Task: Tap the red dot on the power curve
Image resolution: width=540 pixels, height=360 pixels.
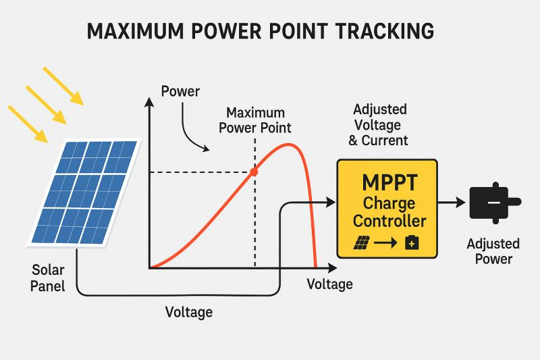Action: pyautogui.click(x=254, y=172)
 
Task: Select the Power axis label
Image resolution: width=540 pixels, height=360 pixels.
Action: pyautogui.click(x=181, y=91)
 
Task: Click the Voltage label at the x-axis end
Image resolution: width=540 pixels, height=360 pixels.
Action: pyautogui.click(x=329, y=284)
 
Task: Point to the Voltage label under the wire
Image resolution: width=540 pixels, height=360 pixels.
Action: pyautogui.click(x=189, y=312)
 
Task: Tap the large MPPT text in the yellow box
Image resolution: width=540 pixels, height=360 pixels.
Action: pyautogui.click(x=387, y=184)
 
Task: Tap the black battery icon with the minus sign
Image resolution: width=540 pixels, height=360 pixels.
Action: pyautogui.click(x=495, y=203)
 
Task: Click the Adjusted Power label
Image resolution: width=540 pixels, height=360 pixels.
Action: pyautogui.click(x=493, y=251)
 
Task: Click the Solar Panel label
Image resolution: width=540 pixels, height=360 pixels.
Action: pyautogui.click(x=49, y=278)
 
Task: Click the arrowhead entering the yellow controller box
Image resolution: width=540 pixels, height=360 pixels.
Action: pyautogui.click(x=331, y=202)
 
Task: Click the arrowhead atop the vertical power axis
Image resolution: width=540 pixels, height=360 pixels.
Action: pyautogui.click(x=148, y=102)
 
